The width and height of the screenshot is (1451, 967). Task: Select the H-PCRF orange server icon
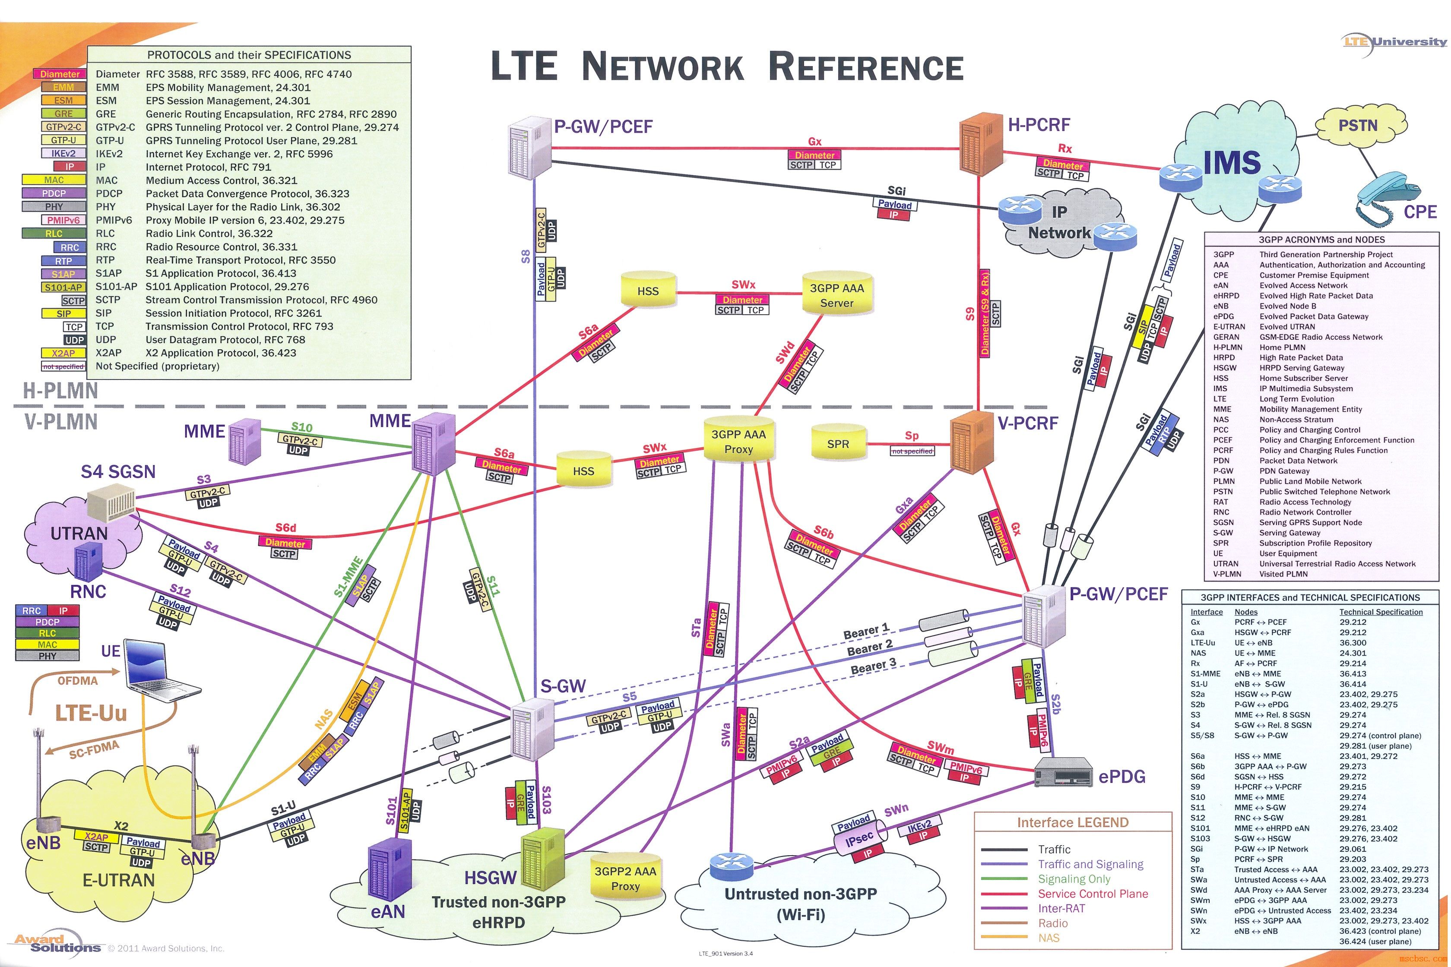(980, 148)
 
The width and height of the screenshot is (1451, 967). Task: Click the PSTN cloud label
(1357, 126)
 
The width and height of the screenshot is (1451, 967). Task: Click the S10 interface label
(302, 427)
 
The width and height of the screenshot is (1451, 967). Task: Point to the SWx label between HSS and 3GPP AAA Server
(743, 285)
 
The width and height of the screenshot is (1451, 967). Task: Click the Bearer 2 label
(869, 648)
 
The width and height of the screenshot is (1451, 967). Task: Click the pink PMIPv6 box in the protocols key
(63, 220)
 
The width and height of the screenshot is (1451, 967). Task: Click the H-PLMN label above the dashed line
(60, 390)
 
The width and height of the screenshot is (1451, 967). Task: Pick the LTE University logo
(1394, 42)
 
